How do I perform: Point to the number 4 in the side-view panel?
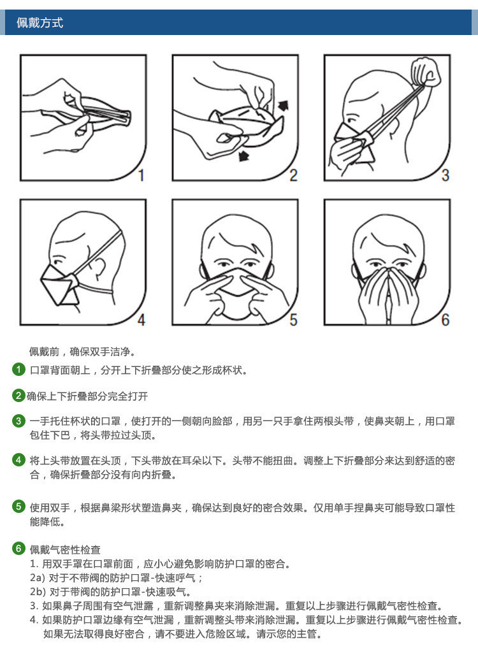click(141, 319)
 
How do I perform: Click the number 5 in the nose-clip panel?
click(293, 319)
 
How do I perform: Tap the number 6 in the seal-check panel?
click(445, 319)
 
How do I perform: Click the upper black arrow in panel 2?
click(282, 104)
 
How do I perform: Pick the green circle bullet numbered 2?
click(19, 396)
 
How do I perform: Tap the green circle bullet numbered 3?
click(19, 421)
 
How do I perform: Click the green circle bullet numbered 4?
click(19, 460)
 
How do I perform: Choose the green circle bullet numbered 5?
click(19, 507)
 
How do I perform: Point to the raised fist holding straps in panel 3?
click(426, 71)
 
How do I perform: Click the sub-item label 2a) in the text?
click(38, 578)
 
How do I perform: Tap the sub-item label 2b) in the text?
click(38, 592)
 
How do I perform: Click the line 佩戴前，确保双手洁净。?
click(82, 352)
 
